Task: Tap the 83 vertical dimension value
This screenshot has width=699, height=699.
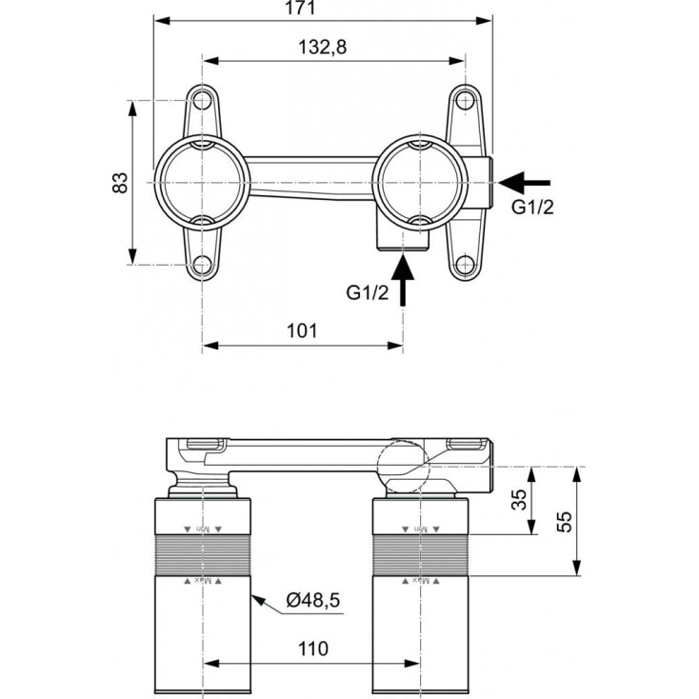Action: [x=120, y=182]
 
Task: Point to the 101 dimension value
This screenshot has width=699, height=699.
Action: [x=301, y=330]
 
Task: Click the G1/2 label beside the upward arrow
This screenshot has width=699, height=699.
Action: [x=368, y=291]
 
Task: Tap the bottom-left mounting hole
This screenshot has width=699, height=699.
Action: [x=202, y=265]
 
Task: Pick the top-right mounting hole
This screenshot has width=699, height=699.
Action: [x=464, y=100]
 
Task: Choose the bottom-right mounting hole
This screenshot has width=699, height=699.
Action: [x=465, y=266]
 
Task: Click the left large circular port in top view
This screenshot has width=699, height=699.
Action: [x=202, y=182]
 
